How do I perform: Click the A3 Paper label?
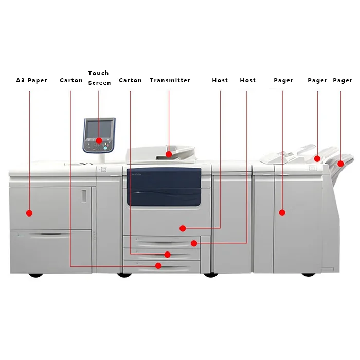coord(31,80)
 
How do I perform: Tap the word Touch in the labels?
coord(98,73)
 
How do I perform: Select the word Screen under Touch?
coord(99,83)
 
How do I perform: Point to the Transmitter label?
coord(170,80)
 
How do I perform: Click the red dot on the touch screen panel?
coord(98,140)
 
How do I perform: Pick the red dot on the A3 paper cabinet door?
coord(29,212)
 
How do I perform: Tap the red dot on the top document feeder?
coord(169,153)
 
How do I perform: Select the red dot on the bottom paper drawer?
coord(158,266)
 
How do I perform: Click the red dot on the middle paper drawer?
coord(167,255)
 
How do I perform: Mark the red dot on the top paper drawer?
coord(193,243)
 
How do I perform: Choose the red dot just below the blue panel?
coord(182,227)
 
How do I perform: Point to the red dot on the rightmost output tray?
coord(340,164)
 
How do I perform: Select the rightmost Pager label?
coord(343,80)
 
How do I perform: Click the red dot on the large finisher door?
coord(282,212)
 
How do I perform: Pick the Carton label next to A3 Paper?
coord(71,80)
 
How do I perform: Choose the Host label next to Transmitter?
coord(220,80)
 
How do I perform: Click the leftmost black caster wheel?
coord(35,274)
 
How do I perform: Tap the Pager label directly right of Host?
coord(283,80)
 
